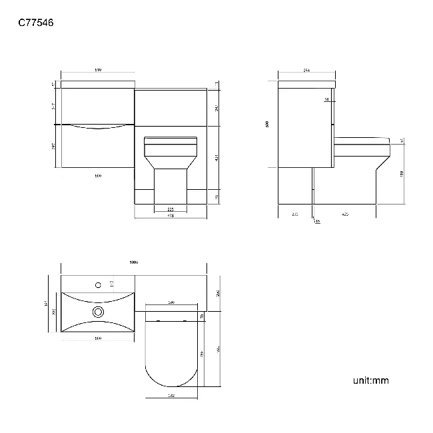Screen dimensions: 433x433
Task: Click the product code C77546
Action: pos(36,23)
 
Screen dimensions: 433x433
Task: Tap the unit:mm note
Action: pos(370,380)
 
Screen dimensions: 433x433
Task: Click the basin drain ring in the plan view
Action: pos(99,311)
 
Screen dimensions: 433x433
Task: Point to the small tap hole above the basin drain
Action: pos(99,285)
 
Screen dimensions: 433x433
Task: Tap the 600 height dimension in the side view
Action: pos(267,124)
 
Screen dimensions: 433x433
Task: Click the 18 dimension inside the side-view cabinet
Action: pos(326,100)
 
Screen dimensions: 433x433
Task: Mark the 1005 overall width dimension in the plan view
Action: pos(133,262)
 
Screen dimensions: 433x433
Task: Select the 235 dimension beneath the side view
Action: pos(294,214)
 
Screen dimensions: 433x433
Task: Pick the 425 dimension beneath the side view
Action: pos(344,214)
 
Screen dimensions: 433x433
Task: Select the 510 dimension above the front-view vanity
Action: pos(97,69)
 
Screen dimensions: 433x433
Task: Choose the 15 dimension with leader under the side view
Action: pos(317,221)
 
